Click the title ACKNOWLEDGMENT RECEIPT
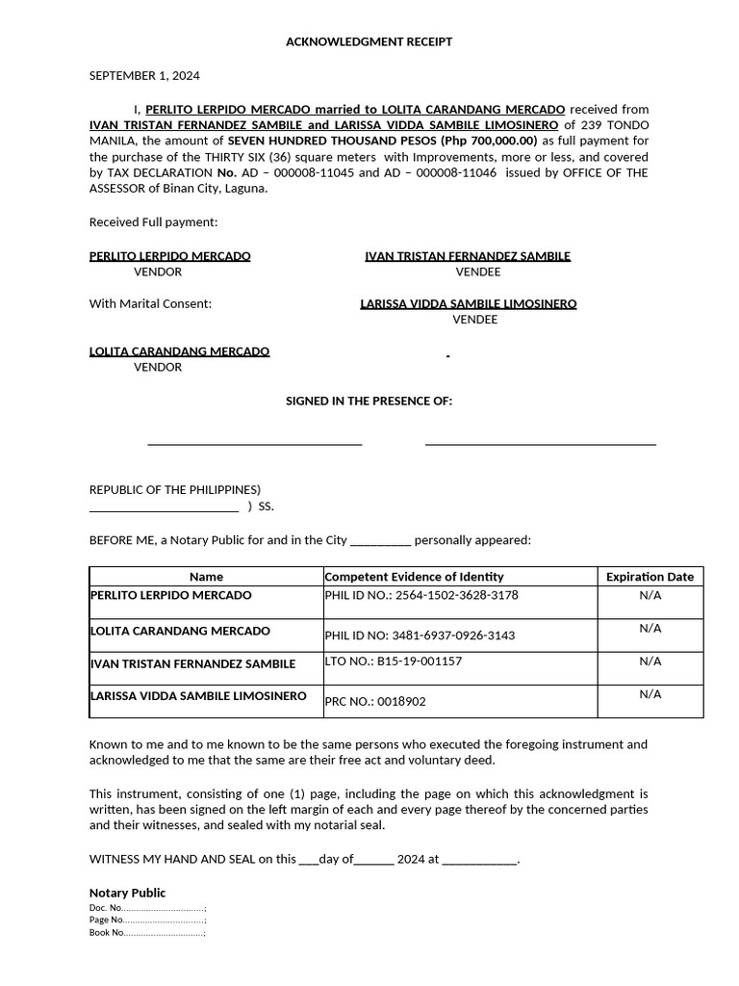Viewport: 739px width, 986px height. [369, 42]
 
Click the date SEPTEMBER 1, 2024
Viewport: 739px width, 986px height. [144, 76]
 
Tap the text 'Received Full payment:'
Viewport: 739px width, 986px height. [154, 222]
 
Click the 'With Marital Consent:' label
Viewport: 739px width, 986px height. [150, 304]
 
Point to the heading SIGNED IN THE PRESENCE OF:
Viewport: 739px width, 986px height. [369, 401]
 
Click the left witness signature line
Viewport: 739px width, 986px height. [254, 444]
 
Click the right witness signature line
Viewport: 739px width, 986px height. [540, 444]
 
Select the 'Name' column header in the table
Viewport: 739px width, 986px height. [206, 577]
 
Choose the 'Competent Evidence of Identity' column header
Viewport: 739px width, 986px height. [414, 577]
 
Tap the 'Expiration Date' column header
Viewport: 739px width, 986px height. [650, 577]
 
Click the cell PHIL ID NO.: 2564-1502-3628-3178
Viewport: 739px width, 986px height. [421, 595]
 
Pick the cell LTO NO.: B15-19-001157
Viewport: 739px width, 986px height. [394, 662]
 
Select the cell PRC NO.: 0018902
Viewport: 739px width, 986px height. [375, 702]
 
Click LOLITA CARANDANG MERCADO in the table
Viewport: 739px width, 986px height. [180, 631]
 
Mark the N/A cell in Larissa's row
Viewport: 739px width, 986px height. [650, 694]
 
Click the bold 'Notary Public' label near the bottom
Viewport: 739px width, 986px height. [127, 893]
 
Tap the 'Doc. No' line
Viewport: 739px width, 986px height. [147, 908]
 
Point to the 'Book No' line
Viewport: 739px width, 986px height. [147, 933]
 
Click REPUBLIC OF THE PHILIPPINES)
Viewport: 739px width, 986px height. [175, 490]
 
